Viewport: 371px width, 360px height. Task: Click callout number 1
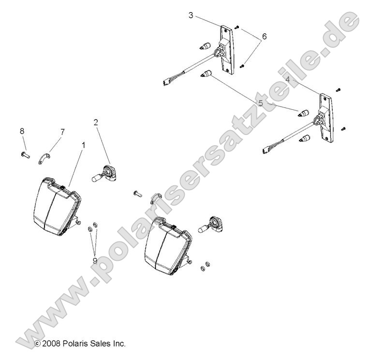tap(83, 145)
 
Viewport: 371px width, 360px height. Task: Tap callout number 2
tap(96, 122)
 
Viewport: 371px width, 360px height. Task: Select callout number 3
tap(191, 15)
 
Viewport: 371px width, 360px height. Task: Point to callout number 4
tap(287, 79)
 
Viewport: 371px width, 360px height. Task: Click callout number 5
tap(261, 103)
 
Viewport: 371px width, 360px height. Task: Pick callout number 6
tap(264, 36)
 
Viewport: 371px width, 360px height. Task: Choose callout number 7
tap(62, 132)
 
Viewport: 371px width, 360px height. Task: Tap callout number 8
tap(22, 131)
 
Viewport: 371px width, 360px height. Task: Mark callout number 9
tap(95, 261)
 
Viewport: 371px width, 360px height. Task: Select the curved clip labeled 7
tap(45, 159)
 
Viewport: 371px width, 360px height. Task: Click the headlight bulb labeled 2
tap(104, 175)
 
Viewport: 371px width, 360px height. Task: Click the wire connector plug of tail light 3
tap(166, 82)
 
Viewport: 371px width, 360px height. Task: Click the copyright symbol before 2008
tap(38, 344)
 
